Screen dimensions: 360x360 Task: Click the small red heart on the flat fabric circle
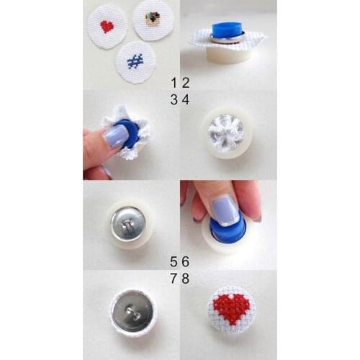[x=107, y=27]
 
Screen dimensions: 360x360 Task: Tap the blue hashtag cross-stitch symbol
[x=135, y=61]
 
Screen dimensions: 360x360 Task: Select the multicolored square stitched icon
[x=152, y=19]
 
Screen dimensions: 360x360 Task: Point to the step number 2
[x=186, y=83]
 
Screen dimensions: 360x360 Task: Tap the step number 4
[x=186, y=100]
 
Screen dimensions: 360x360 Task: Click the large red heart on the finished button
[x=231, y=308]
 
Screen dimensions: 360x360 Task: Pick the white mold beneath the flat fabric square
[x=228, y=54]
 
